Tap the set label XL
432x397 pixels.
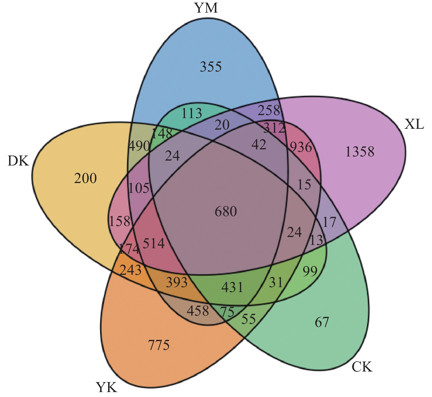414,124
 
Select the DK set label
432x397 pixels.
18,161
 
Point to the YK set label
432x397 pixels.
107,388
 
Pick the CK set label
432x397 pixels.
362,367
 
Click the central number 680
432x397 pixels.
226,212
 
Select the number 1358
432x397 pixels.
359,152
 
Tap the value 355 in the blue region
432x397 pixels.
211,67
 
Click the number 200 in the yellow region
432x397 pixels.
85,179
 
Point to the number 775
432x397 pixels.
159,345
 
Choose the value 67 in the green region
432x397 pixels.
321,322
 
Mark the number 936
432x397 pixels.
301,148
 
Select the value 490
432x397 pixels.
139,146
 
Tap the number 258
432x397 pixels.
269,111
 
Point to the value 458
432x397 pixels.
197,311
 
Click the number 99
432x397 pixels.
310,272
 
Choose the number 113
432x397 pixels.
191,113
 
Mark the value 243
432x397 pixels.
131,270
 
